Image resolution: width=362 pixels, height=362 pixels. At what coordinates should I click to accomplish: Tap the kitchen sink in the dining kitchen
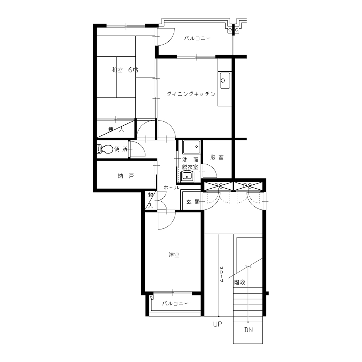tap(225, 80)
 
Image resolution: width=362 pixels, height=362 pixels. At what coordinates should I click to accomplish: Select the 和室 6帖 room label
tap(125, 70)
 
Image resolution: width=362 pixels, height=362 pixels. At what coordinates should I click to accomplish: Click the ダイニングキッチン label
tap(191, 94)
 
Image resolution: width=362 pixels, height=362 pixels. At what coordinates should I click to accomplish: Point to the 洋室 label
tap(174, 255)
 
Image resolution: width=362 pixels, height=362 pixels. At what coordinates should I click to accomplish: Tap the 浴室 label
tap(217, 157)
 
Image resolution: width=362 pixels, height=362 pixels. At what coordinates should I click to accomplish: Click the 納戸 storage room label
tap(126, 176)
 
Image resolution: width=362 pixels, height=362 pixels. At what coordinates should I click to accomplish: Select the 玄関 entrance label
tap(193, 202)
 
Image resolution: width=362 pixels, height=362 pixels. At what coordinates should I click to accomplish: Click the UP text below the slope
tap(218, 324)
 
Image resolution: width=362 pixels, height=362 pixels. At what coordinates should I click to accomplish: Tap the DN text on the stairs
tap(248, 330)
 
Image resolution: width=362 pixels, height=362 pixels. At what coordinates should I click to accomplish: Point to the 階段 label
tap(239, 282)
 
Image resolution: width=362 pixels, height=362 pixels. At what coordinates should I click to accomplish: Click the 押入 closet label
tap(116, 129)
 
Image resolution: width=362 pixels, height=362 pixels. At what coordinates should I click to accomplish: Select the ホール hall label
tap(171, 188)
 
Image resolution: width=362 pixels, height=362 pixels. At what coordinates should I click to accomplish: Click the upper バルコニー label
tap(197, 38)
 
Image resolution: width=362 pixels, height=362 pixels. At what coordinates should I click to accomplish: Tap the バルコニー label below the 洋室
tap(175, 303)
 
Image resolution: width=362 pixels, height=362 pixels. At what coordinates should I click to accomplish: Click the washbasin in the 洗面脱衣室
tap(187, 177)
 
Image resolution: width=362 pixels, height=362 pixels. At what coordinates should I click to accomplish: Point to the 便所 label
tap(121, 149)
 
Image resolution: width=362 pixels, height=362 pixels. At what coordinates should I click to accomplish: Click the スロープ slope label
tap(221, 274)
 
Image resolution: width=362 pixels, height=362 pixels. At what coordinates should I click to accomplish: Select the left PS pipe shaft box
tap(218, 186)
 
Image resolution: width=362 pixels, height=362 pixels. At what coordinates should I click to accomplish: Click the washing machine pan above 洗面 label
tap(191, 147)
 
